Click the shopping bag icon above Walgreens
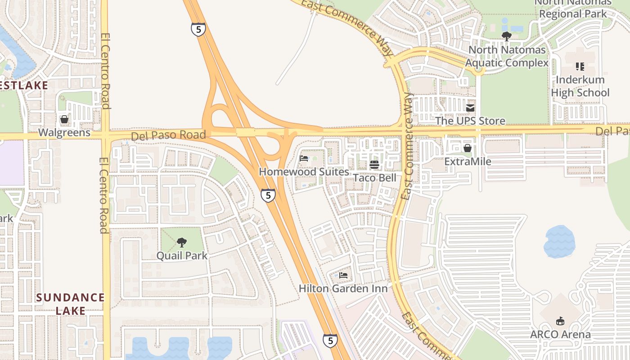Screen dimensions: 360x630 64,119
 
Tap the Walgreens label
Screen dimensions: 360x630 64,133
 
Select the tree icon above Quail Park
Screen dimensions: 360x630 182,243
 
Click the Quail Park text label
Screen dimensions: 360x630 182,256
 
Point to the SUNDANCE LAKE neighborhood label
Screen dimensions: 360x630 70,304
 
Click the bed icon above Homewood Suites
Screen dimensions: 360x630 304,158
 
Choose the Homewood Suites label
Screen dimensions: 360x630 304,172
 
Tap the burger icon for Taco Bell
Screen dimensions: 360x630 374,165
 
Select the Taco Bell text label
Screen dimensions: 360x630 374,178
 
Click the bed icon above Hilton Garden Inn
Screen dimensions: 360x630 343,275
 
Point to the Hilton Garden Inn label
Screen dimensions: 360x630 343,288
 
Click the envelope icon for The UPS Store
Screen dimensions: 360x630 470,108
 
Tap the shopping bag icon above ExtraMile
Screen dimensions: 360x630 468,148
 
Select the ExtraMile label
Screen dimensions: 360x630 468,161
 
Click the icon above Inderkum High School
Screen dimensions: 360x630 580,67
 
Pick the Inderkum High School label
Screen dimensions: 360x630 583,86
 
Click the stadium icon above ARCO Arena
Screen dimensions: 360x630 560,321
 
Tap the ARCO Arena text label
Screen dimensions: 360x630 560,334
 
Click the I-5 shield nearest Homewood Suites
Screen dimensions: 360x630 268,195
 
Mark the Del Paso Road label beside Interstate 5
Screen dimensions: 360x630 168,135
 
